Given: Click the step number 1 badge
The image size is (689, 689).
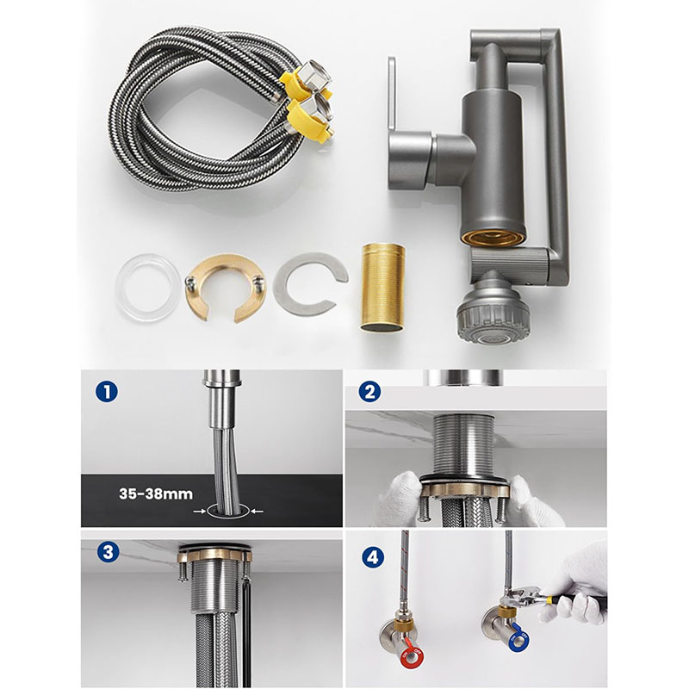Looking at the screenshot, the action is click(106, 392).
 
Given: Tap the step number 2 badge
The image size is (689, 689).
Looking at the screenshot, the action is click(370, 392).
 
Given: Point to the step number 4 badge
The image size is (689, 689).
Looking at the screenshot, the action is click(373, 557).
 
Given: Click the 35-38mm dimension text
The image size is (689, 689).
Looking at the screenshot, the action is click(156, 493).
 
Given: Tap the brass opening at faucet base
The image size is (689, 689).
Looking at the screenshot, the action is click(493, 237).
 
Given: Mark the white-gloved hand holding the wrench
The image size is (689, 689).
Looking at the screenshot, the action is click(575, 589).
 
